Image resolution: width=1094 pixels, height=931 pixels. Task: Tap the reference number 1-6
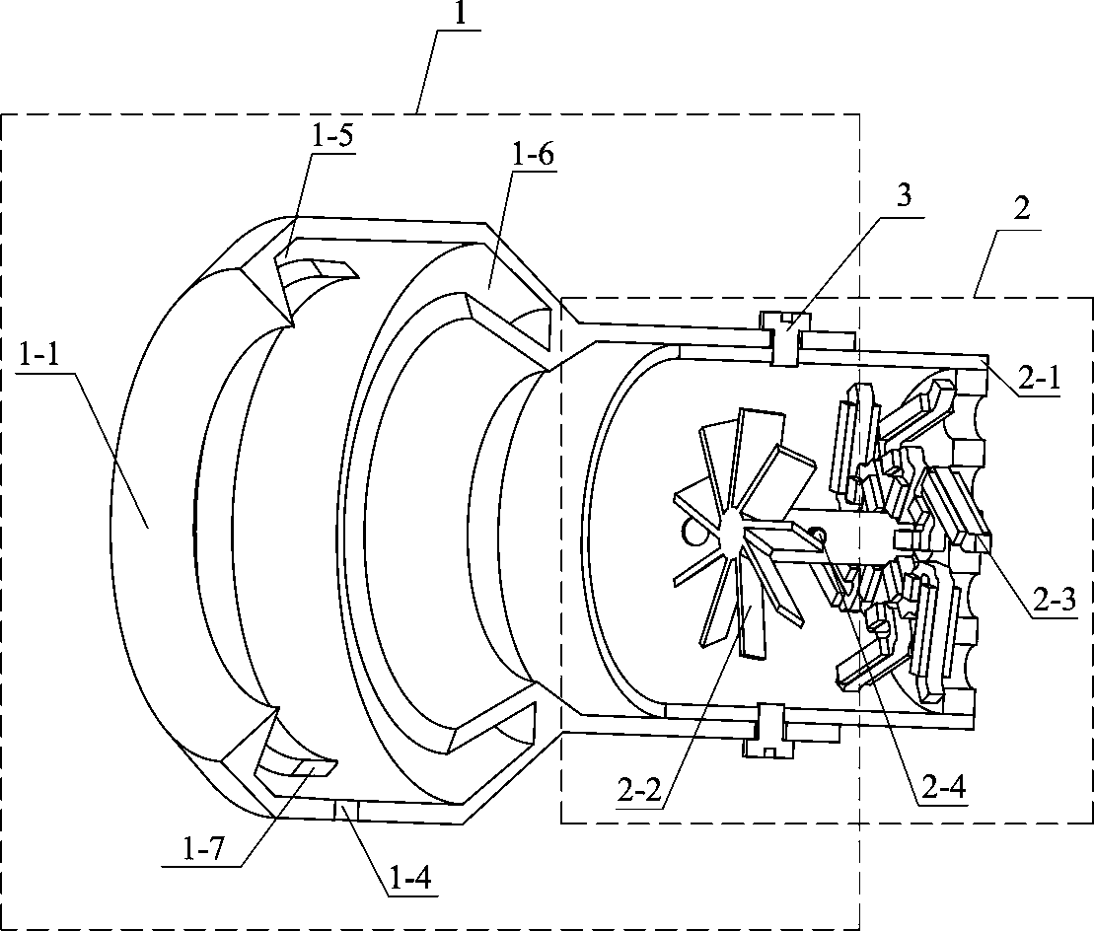point(533,155)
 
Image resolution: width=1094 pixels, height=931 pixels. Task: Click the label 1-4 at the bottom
point(405,876)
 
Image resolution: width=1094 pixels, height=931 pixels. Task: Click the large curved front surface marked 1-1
point(153,513)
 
